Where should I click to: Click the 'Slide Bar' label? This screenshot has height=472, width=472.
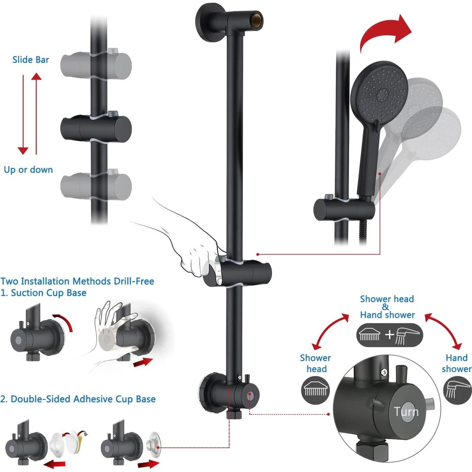pos(31,60)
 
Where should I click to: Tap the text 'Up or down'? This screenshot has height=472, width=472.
pos(28,170)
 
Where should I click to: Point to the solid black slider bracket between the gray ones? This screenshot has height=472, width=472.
pos(96,128)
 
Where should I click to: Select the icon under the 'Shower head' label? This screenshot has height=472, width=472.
pos(315,390)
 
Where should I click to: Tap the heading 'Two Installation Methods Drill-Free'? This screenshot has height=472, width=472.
pos(77,281)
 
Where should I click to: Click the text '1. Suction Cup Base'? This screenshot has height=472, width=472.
pos(43,293)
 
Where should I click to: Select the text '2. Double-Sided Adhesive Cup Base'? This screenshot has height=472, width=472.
pos(78,399)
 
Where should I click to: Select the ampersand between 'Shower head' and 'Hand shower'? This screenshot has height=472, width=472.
pos(385,307)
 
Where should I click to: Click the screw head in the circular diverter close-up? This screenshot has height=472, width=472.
pos(384,372)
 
